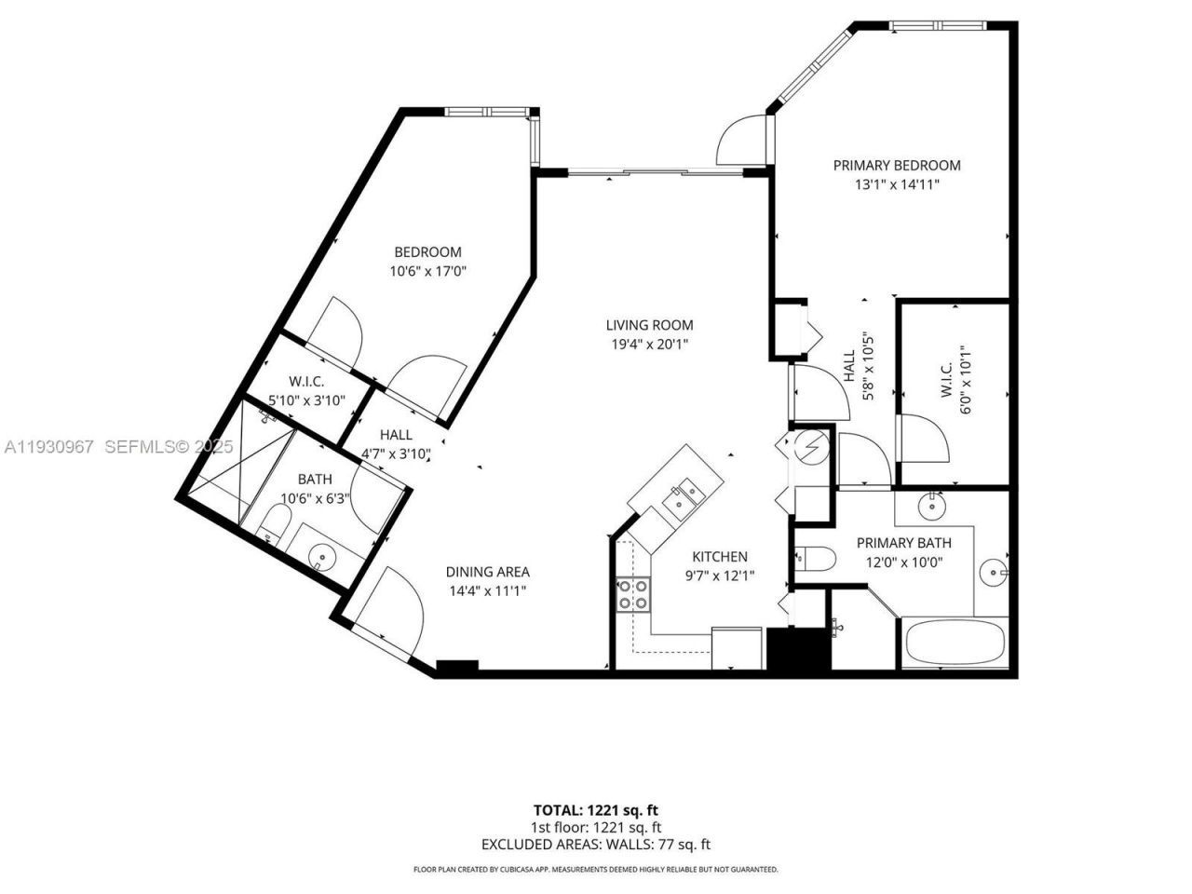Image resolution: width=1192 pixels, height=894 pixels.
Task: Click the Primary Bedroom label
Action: pos(896,166)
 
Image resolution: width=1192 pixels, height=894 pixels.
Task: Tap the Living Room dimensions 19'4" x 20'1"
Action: pos(649,344)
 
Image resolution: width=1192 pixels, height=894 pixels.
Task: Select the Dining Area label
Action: pos(487,572)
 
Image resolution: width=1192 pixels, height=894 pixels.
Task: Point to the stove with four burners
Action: pos(633,595)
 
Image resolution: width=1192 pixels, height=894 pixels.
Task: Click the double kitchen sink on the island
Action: pos(684,494)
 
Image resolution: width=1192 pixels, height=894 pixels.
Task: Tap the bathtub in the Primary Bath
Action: pos(955,643)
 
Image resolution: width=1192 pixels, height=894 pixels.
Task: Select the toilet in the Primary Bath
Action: pos(814,559)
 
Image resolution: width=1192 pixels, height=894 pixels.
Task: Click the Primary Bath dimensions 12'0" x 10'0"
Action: pos(903,562)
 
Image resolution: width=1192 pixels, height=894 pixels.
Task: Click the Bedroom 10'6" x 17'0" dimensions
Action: pos(427,271)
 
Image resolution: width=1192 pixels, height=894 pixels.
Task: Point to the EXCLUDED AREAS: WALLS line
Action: pos(595,845)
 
